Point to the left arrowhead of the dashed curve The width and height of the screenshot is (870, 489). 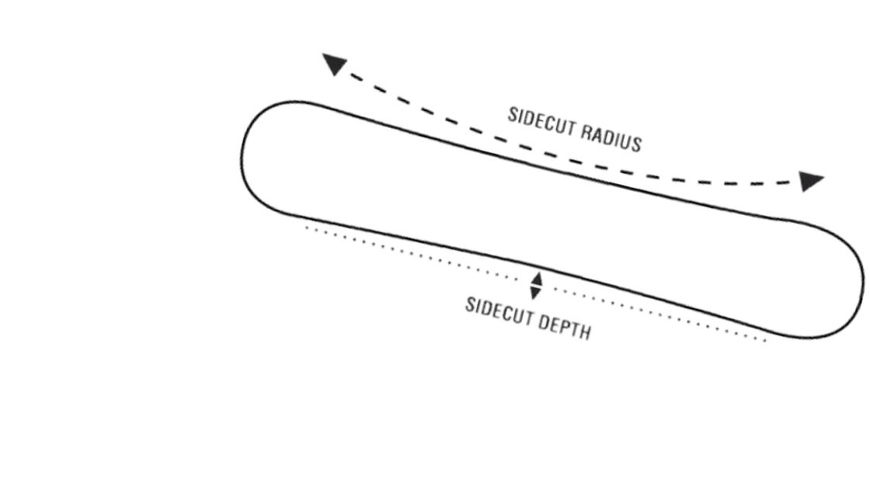pos(334,65)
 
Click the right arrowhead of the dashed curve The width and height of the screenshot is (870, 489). pos(811,182)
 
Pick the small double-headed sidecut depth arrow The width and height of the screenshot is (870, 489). pos(535,286)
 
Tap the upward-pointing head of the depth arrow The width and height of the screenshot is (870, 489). pos(535,278)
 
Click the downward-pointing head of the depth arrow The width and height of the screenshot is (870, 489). pos(535,293)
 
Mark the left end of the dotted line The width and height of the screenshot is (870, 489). pos(306,227)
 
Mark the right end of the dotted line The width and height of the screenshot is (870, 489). pos(765,338)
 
